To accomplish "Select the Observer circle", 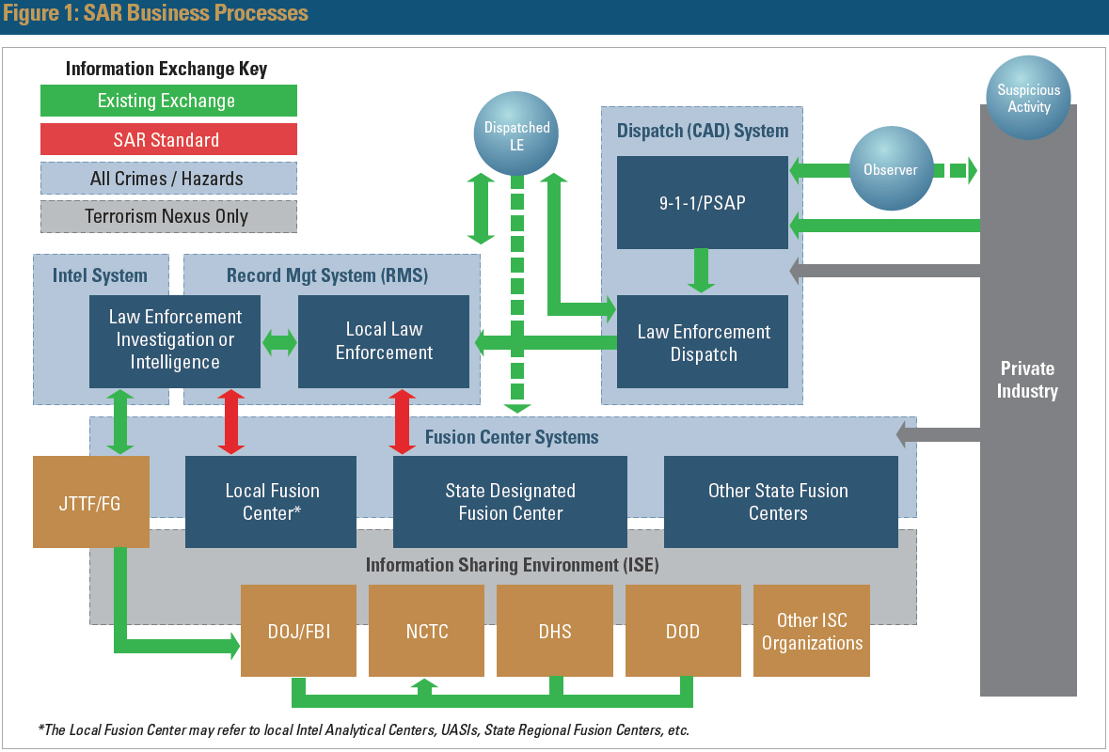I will (891, 170).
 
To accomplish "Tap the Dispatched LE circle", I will (516, 133).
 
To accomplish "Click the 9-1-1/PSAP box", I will (702, 202).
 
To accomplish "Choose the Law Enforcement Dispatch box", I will (702, 342).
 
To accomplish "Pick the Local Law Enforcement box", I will (384, 341).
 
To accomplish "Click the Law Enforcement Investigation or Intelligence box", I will (175, 341).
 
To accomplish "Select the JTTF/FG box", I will (91, 502).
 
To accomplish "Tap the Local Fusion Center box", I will (271, 502).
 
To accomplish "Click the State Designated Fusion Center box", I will (510, 502).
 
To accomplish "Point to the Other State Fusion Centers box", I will (781, 502).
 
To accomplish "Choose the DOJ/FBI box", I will (298, 631).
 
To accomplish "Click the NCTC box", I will (426, 631).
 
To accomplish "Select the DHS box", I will (555, 631).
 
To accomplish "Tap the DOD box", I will (683, 631).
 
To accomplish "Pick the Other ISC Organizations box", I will (812, 631).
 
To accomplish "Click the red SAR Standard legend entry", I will (168, 140).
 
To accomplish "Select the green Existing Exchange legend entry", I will (168, 101).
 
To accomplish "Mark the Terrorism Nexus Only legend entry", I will (168, 216).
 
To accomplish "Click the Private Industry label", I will (1027, 380).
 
